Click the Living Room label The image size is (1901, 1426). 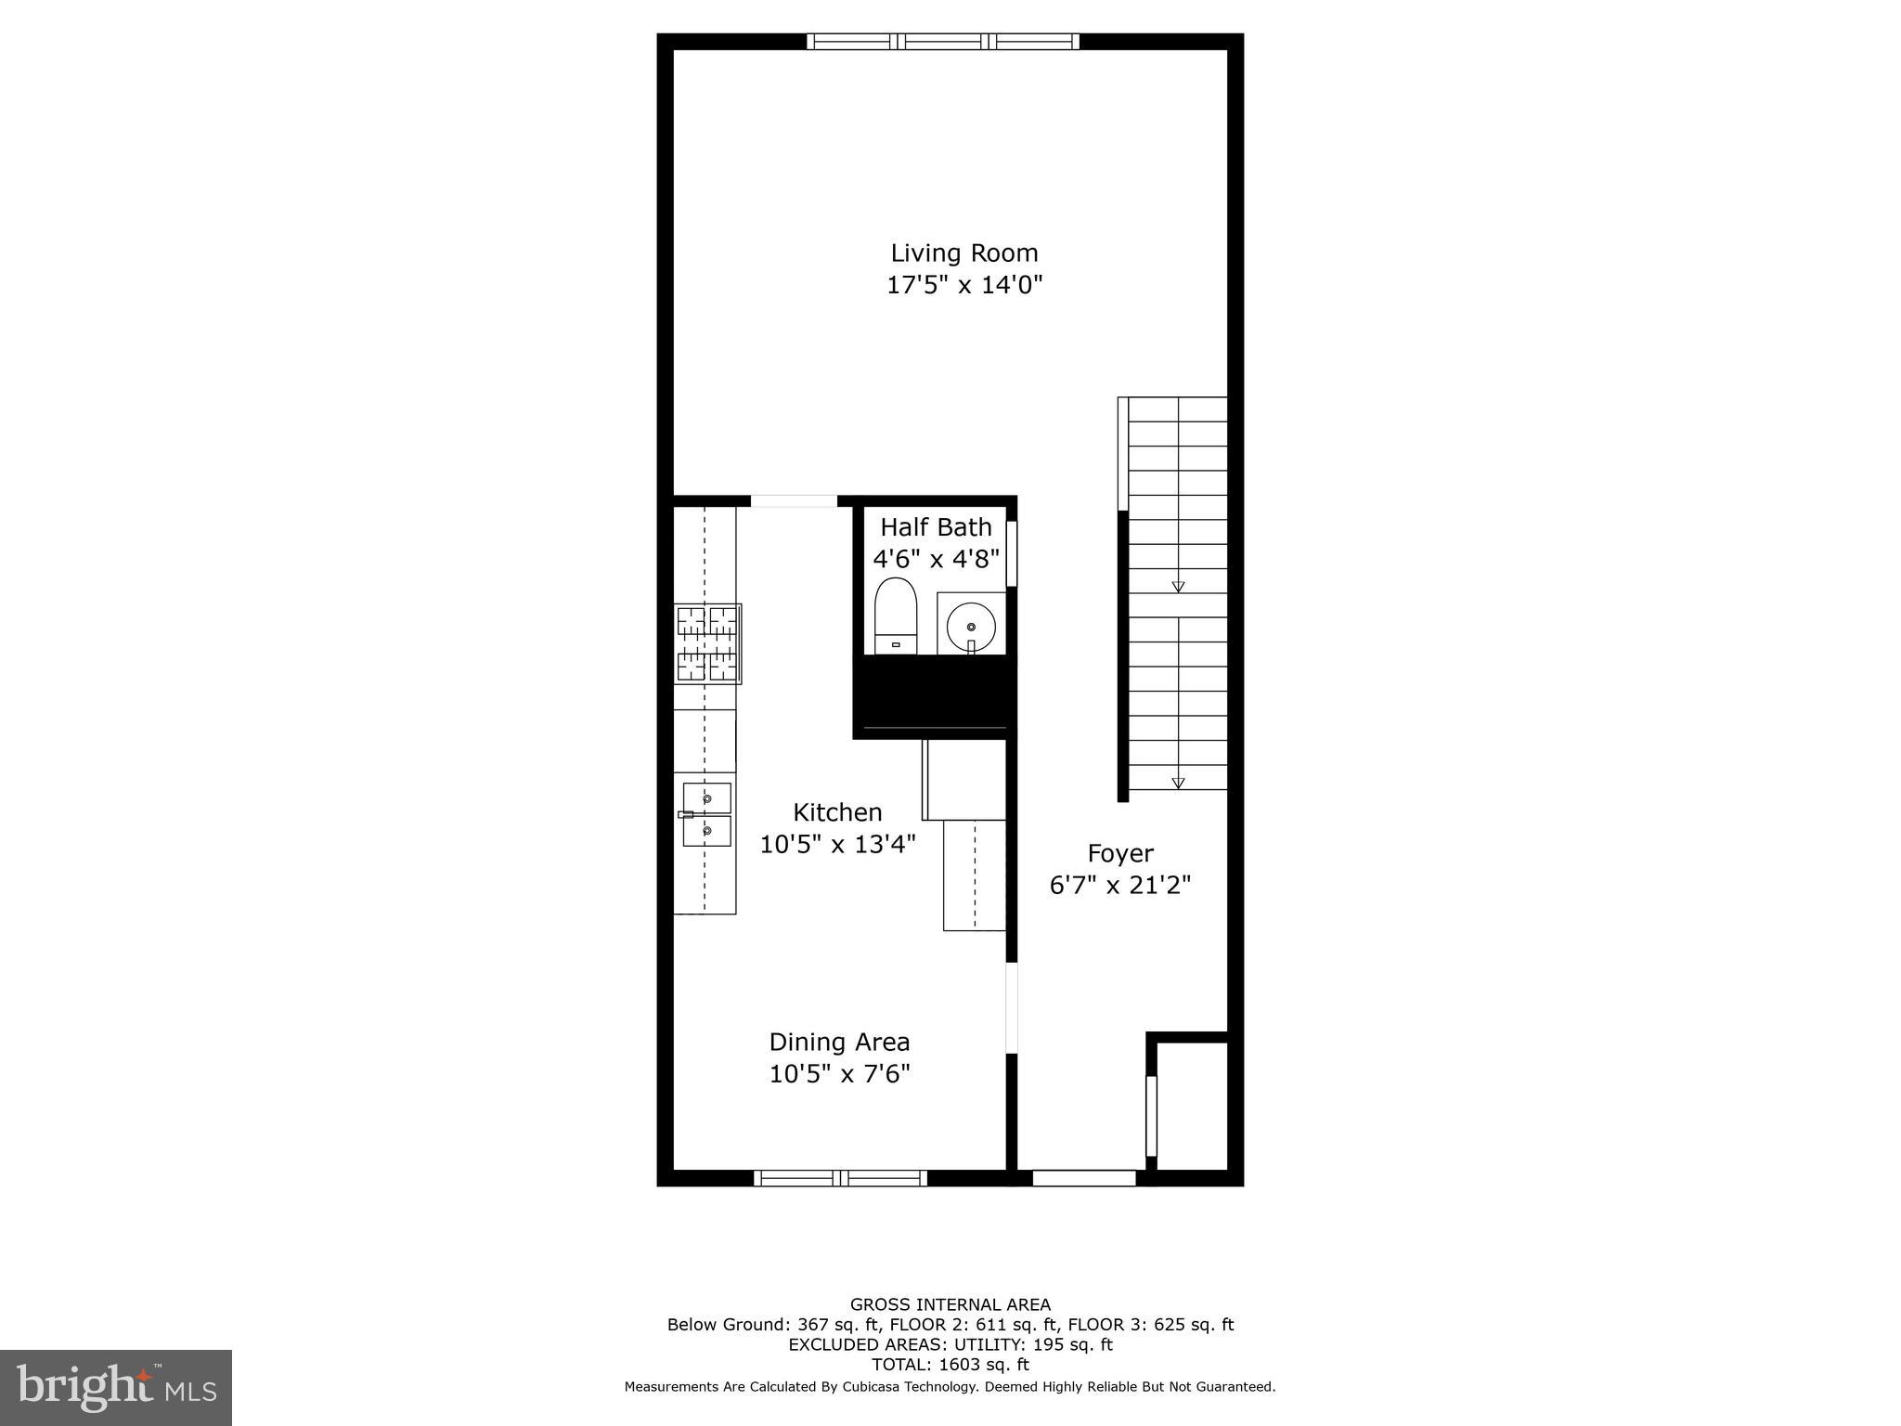click(963, 253)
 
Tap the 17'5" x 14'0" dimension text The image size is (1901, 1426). click(963, 284)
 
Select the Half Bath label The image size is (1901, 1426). click(936, 527)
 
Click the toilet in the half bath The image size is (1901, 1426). click(896, 616)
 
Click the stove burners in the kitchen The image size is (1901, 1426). click(707, 643)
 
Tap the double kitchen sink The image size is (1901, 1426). click(706, 814)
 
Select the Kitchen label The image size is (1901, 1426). click(837, 812)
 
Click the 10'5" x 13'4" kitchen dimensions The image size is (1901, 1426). click(837, 844)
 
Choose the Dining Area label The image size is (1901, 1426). click(839, 1042)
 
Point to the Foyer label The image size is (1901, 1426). click(1120, 853)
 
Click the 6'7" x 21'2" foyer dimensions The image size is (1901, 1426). click(1120, 885)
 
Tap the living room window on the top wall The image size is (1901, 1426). click(943, 41)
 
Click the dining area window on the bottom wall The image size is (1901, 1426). click(840, 1178)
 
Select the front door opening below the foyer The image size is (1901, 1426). click(1084, 1178)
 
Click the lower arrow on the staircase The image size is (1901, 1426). click(1178, 783)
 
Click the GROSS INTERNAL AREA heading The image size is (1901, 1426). click(950, 1304)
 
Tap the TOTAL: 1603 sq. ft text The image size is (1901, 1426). click(950, 1365)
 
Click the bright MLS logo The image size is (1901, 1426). click(116, 1388)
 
